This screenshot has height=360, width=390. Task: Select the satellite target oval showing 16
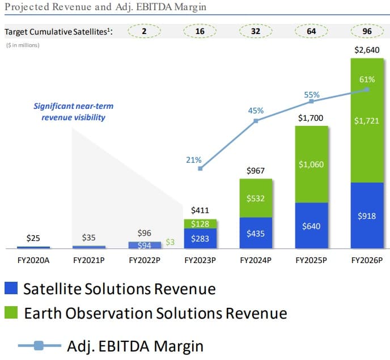pyautogui.click(x=200, y=32)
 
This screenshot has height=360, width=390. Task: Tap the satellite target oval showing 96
pyautogui.click(x=367, y=32)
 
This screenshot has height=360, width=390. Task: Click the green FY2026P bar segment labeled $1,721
pyautogui.click(x=367, y=121)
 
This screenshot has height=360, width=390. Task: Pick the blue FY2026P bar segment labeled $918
pyautogui.click(x=367, y=216)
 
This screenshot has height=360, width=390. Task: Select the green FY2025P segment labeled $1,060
pyautogui.click(x=311, y=164)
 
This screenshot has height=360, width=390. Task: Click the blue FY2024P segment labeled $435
pyautogui.click(x=256, y=233)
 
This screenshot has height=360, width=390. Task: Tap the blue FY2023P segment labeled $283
pyautogui.click(x=200, y=238)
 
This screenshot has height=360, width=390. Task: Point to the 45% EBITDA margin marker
pyautogui.click(x=256, y=121)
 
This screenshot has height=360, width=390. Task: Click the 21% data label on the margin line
pyautogui.click(x=194, y=160)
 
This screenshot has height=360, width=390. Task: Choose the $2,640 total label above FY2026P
pyautogui.click(x=367, y=50)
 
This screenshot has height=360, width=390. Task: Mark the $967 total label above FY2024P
pyautogui.click(x=256, y=170)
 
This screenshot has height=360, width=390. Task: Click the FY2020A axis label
pyautogui.click(x=33, y=261)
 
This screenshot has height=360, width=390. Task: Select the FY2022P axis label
pyautogui.click(x=145, y=261)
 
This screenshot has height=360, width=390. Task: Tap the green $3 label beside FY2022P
pyautogui.click(x=169, y=243)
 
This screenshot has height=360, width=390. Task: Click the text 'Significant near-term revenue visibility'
pyautogui.click(x=69, y=112)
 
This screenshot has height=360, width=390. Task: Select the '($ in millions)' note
pyautogui.click(x=23, y=45)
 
